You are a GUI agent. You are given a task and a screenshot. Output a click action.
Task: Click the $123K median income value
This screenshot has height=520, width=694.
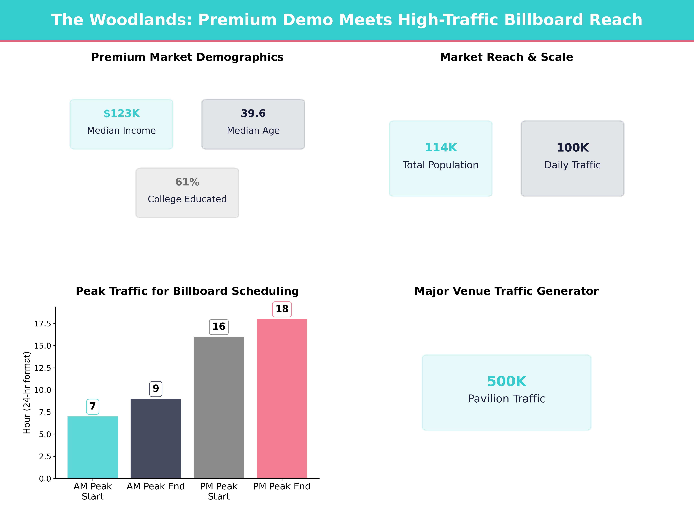coord(121,114)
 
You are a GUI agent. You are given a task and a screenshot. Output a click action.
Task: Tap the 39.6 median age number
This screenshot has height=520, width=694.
coord(253,114)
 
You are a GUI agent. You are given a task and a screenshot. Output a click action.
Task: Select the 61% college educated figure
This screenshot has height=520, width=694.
coord(187,182)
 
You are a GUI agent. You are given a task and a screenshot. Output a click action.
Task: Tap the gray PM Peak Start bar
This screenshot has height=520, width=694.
coord(219,407)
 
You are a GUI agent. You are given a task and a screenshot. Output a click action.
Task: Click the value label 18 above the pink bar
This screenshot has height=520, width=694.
coord(282,309)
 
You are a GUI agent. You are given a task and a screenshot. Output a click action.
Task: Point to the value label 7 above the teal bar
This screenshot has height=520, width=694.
coord(93,406)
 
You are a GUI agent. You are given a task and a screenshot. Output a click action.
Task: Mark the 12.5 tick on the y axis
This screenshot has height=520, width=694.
coord(42,368)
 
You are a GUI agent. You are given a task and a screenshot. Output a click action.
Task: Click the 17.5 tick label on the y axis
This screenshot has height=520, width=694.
coord(42,324)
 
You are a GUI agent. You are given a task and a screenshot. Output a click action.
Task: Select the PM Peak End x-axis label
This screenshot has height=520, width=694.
coord(282,486)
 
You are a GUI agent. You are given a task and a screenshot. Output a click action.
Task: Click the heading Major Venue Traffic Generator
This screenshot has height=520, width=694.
coord(506,291)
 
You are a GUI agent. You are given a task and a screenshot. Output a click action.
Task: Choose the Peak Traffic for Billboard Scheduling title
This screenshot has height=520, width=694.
coord(187,291)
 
